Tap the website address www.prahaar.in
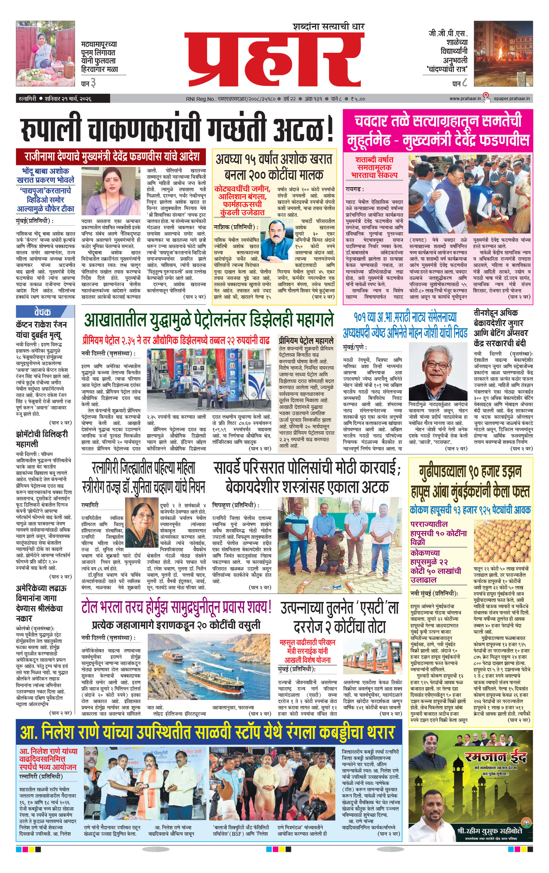[465, 99]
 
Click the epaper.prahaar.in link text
[512, 99]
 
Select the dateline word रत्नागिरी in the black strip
[27, 99]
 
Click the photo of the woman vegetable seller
[45, 54]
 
